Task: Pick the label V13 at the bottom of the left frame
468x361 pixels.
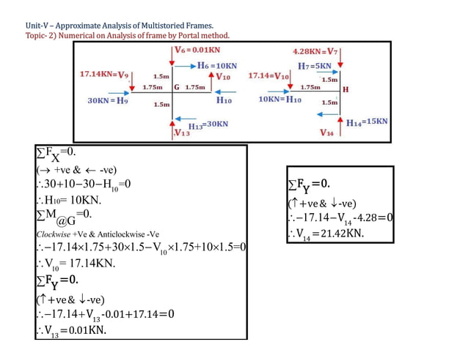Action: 181,133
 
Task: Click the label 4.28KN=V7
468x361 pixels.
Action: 315,52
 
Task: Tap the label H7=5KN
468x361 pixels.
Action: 315,66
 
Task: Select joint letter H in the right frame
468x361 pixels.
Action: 345,89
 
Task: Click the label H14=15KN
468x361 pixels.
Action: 367,122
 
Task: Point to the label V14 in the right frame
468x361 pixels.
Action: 327,133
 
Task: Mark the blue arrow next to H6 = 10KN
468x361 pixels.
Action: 184,65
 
